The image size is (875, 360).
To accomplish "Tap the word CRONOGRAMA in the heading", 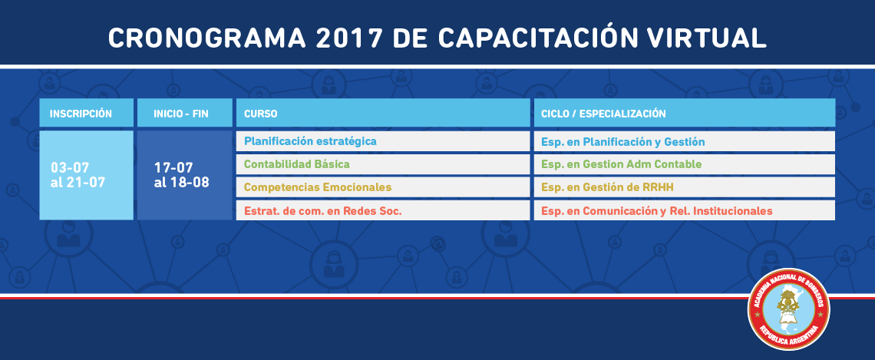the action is point(207,38).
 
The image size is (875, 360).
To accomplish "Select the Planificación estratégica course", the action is point(310,141).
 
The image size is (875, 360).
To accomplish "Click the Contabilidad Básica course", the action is point(297,164).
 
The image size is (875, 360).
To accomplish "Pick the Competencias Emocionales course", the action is point(318,187).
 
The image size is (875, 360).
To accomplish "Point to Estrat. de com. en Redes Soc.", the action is point(322,211).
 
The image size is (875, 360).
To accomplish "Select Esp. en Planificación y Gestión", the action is point(622,142).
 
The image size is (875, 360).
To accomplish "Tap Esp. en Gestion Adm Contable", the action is point(621,164).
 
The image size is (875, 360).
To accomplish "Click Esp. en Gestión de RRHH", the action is point(607,187).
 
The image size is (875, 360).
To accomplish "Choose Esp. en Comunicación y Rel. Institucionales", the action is point(657,211).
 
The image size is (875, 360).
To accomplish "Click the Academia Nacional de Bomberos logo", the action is point(788,309).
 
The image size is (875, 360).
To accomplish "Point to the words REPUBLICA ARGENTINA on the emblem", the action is point(788,336).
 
